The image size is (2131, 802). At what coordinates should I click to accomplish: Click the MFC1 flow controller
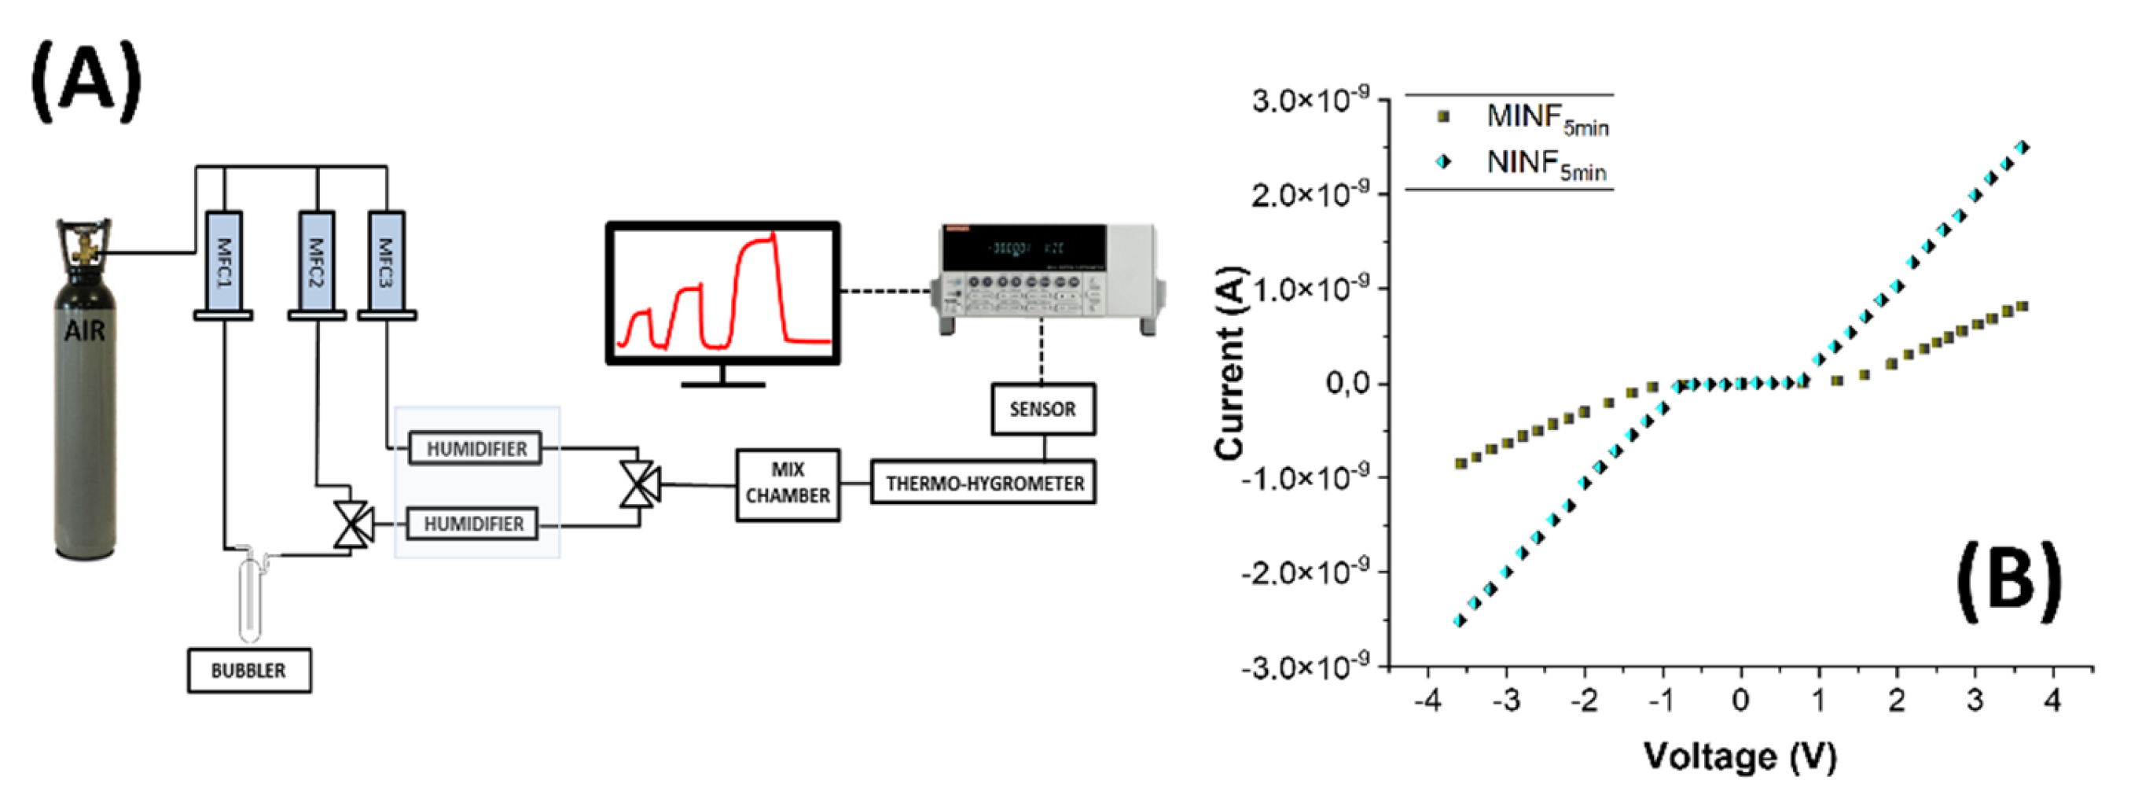[x=223, y=263]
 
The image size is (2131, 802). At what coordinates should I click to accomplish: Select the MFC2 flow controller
[x=316, y=263]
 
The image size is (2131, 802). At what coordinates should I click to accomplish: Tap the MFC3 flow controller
[x=386, y=263]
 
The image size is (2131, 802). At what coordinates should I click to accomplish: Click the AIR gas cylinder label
[x=84, y=331]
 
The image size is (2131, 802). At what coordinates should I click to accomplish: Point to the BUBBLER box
[x=249, y=671]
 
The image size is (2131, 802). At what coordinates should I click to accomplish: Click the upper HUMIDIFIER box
[x=476, y=449]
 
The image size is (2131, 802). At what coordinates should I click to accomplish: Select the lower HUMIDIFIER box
[x=473, y=524]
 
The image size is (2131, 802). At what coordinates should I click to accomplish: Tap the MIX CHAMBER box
[x=788, y=484]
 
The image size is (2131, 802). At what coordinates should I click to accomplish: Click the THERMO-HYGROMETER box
[x=983, y=484]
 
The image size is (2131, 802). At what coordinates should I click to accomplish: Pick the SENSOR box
[x=1043, y=409]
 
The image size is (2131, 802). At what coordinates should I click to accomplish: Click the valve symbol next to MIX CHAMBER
[x=640, y=484]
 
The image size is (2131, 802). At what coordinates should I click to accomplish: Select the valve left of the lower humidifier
[x=353, y=524]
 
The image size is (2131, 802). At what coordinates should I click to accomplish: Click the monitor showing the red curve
[x=723, y=293]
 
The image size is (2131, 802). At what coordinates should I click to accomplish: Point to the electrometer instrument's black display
[x=1024, y=248]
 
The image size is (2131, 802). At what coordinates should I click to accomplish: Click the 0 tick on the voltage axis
[x=1740, y=701]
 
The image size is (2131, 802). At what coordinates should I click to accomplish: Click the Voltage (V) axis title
[x=1740, y=756]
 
